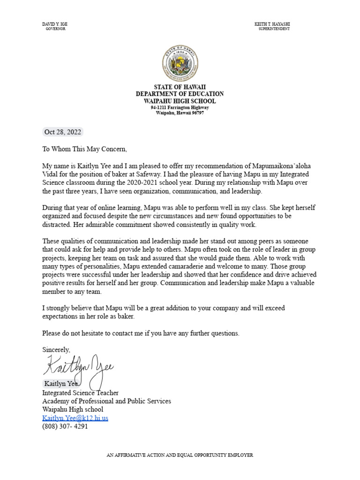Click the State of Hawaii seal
pos(180,65)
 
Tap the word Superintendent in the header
pos(274,29)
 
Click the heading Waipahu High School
pos(180,101)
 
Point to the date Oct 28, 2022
pos(62,132)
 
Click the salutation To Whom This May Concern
pos(84,149)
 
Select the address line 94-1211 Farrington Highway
pos(180,107)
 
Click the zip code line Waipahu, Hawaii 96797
pos(180,113)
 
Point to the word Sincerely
pos(56,350)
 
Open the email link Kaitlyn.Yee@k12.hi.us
pos(75,418)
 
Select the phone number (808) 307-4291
pos(65,427)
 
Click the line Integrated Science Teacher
pos(80,393)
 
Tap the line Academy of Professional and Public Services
pos(106,401)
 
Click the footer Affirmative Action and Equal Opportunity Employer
pos(180,455)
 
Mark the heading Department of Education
pos(180,94)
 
